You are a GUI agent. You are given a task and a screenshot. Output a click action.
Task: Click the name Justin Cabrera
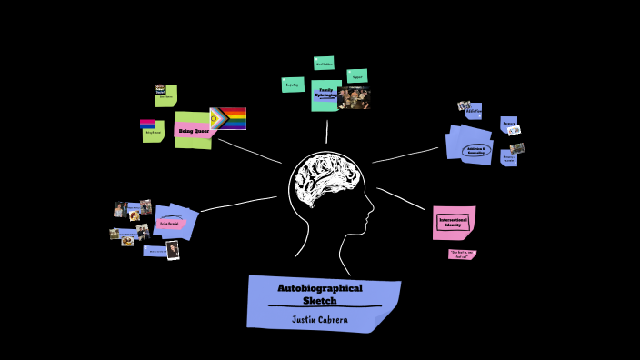pos(319,318)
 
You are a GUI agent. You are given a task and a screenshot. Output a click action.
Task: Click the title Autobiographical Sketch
pos(319,294)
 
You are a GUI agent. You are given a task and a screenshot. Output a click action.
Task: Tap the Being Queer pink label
pos(193,131)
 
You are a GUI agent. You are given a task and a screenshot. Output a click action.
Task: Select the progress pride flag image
pos(228,118)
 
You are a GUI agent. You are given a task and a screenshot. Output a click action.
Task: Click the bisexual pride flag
pos(147,124)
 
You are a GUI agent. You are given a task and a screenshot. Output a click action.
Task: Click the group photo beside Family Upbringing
pos(354,98)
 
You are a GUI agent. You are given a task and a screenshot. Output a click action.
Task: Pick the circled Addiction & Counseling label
pos(477,150)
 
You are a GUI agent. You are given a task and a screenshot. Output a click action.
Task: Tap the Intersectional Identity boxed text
pos(452,222)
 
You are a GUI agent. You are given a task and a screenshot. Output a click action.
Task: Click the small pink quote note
pos(462,255)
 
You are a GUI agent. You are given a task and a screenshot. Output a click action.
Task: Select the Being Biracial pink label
pos(170,222)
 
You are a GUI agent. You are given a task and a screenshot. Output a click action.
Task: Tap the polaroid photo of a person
pos(173,250)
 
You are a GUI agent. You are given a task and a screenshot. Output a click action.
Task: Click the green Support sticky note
pos(357,75)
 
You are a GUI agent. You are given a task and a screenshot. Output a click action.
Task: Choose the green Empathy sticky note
pos(292,85)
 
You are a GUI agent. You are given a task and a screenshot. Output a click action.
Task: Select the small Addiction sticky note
pos(474,111)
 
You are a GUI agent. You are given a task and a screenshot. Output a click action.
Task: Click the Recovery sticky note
pos(509,123)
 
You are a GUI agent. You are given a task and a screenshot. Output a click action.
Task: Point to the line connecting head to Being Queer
pos(249,151)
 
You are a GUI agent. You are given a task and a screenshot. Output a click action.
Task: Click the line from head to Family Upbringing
pos(326,131)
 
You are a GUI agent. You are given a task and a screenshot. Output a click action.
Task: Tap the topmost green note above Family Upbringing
pos(324,63)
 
